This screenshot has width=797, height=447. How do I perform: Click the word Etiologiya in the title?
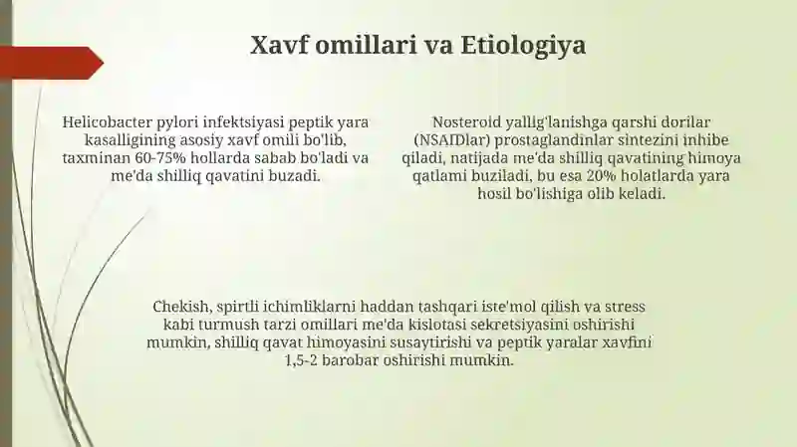click(x=523, y=46)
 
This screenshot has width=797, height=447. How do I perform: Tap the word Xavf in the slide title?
click(x=279, y=45)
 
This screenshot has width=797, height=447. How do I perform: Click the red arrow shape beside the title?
click(x=52, y=63)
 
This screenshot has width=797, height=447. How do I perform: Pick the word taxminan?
click(x=96, y=158)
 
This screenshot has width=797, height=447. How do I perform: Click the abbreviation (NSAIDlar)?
click(x=452, y=140)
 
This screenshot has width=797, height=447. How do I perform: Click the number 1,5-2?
click(x=302, y=361)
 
